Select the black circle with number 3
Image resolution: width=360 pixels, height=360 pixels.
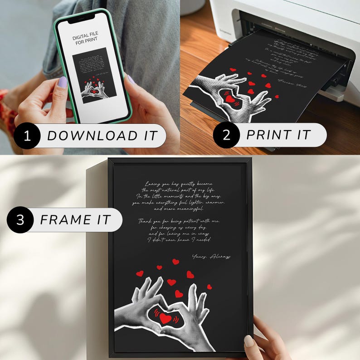[x=19, y=220]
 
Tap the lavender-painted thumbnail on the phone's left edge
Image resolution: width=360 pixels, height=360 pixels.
[x=63, y=82]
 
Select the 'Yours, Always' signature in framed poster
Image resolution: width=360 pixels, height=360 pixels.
[x=211, y=257]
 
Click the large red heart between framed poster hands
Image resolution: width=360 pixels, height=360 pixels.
[x=165, y=318]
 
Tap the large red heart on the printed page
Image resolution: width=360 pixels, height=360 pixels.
[x=231, y=99]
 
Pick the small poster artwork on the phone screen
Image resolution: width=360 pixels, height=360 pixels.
[x=94, y=75]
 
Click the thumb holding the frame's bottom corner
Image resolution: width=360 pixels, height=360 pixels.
[x=249, y=340]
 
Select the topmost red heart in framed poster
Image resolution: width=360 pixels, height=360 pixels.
[x=175, y=262]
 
